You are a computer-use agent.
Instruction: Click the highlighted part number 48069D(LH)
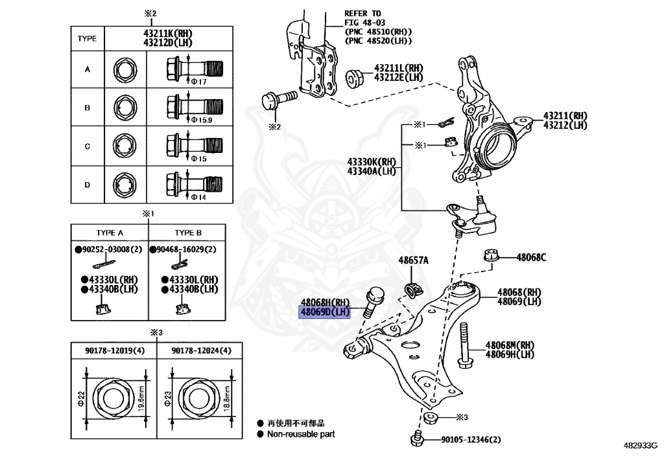[x=324, y=312]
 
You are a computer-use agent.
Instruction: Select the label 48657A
[x=413, y=260]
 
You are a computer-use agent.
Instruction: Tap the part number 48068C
[x=531, y=257]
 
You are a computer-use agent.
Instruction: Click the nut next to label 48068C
[x=491, y=255]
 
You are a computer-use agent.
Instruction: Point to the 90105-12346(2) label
[x=471, y=440]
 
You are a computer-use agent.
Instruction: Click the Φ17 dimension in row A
[x=197, y=82]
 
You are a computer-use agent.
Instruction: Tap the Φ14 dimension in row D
[x=197, y=197]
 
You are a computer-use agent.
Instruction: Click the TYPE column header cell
[x=87, y=38]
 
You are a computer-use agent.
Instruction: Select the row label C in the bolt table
[x=87, y=146]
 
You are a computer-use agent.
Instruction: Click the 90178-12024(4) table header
[x=201, y=350]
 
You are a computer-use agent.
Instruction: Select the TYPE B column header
[x=188, y=233]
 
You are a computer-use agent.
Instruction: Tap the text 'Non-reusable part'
[x=301, y=434]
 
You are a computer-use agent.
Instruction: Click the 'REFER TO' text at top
[x=363, y=13]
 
